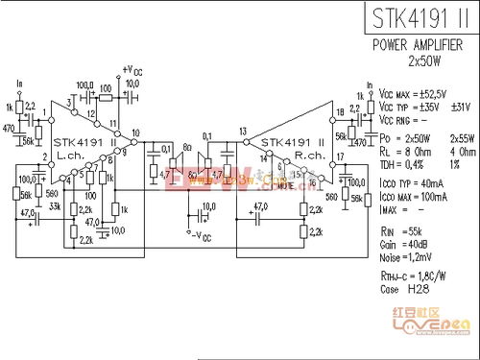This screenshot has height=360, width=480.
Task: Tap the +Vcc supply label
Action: click(132, 69)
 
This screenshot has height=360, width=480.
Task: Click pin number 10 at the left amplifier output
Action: click(135, 132)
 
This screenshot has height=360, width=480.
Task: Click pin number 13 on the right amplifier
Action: click(243, 131)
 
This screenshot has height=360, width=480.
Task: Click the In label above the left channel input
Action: click(19, 84)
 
